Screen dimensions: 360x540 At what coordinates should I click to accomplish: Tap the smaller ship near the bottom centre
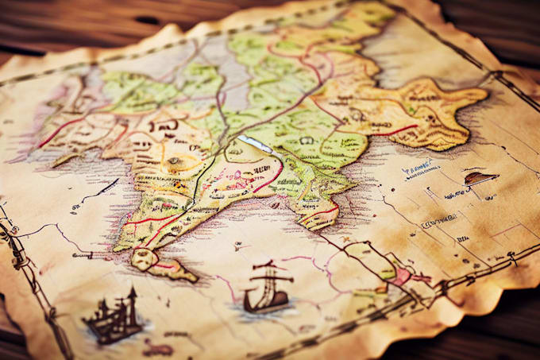(x=267, y=289)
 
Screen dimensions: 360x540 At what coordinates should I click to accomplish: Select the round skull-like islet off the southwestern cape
(x=143, y=257)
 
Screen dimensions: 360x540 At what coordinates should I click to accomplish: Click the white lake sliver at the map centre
(x=256, y=144)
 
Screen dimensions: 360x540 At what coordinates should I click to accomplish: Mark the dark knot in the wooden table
(x=148, y=20)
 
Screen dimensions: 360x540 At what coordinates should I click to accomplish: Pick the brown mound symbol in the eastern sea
(x=480, y=178)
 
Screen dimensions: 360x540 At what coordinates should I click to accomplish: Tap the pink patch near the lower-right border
(x=401, y=275)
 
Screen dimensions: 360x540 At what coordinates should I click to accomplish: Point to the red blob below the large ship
(x=156, y=348)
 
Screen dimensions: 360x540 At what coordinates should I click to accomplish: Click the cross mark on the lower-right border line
(x=512, y=256)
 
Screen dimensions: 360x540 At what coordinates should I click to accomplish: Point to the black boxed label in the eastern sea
(x=438, y=222)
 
